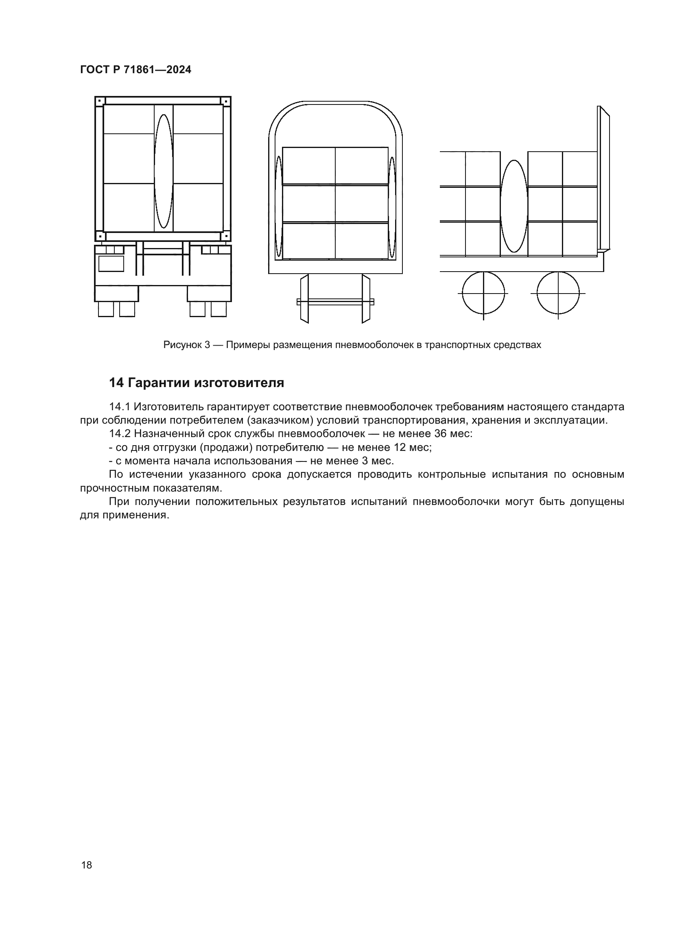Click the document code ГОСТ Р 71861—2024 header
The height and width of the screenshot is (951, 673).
coord(135,70)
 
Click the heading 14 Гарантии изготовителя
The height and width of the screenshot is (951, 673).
coord(197,383)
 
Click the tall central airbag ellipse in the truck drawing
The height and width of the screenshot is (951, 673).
coord(163,171)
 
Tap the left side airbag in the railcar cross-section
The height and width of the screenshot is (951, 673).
coord(278,207)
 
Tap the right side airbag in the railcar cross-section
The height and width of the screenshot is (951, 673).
coord(392,207)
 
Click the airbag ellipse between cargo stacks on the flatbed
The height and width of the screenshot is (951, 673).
coord(514,206)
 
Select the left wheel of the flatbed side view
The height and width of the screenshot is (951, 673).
coord(483,293)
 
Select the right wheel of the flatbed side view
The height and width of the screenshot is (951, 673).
coord(558,293)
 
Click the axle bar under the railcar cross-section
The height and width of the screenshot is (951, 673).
coord(335,302)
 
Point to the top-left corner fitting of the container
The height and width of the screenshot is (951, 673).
coord(99,101)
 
